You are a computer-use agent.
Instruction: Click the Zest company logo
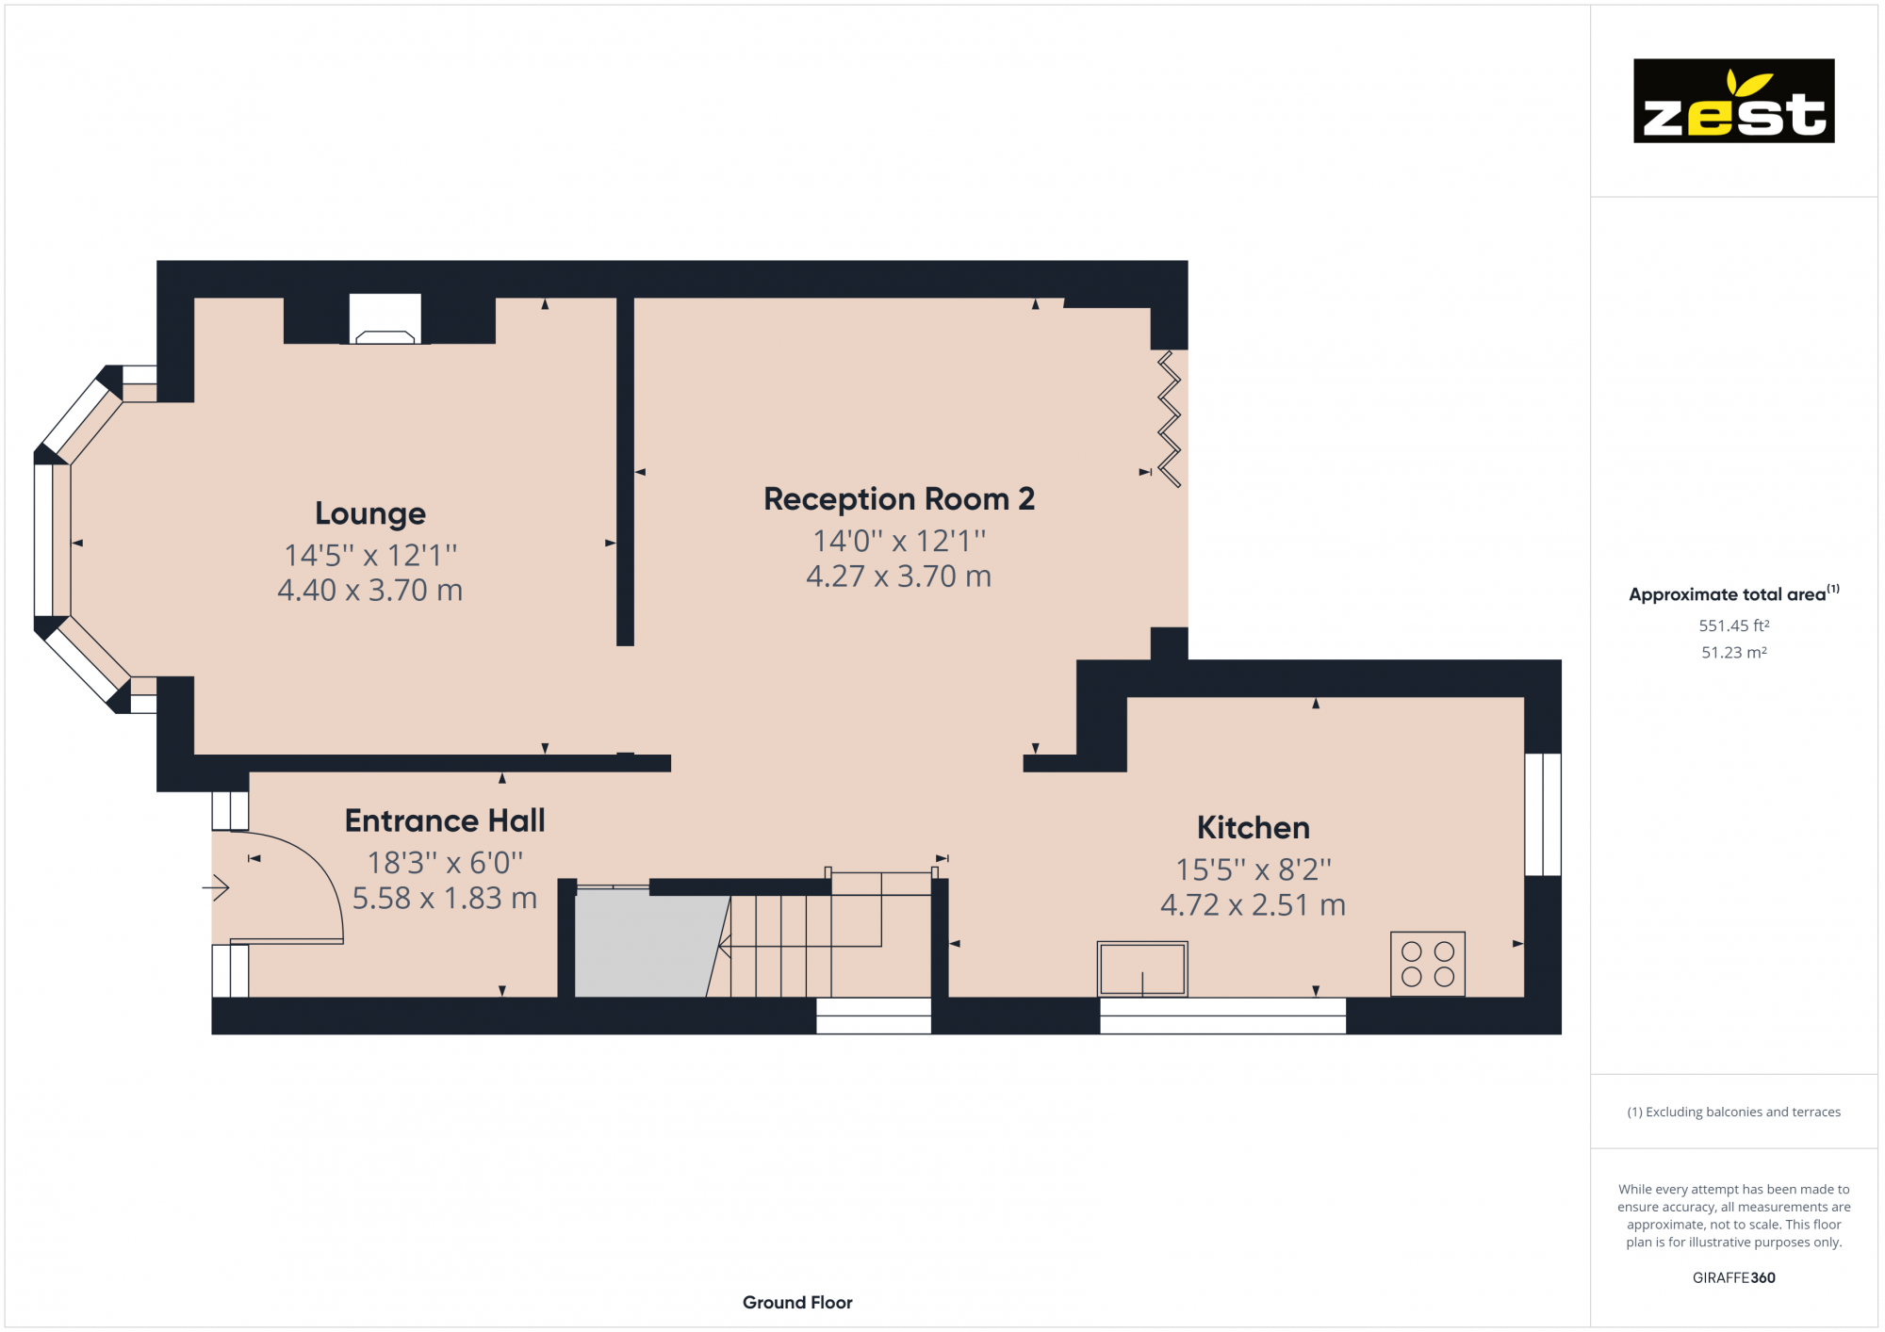click(x=1733, y=101)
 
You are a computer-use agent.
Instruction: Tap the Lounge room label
click(x=370, y=513)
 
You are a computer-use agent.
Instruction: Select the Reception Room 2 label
click(x=898, y=498)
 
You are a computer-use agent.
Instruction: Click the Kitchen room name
click(x=1253, y=827)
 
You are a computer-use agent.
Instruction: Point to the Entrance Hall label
click(x=445, y=820)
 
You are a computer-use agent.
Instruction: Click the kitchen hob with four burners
click(x=1427, y=964)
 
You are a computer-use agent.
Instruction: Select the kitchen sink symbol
click(x=1141, y=967)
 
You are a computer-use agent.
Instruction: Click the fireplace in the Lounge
click(x=385, y=320)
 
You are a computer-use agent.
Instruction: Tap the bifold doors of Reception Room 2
click(x=1169, y=418)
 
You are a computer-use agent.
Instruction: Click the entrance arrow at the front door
click(x=217, y=887)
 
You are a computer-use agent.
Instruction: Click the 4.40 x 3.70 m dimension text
click(x=370, y=591)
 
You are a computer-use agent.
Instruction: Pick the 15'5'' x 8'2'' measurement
click(x=1253, y=869)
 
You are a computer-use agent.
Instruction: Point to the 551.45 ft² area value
click(x=1733, y=625)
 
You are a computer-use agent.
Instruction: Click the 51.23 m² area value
click(x=1733, y=652)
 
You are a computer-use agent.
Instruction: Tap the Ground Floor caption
click(x=797, y=1302)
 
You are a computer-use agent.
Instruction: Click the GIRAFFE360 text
click(x=1733, y=1277)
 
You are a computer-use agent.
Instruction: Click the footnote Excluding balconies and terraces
click(x=1733, y=1112)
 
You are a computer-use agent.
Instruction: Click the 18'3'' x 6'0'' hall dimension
click(x=445, y=862)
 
